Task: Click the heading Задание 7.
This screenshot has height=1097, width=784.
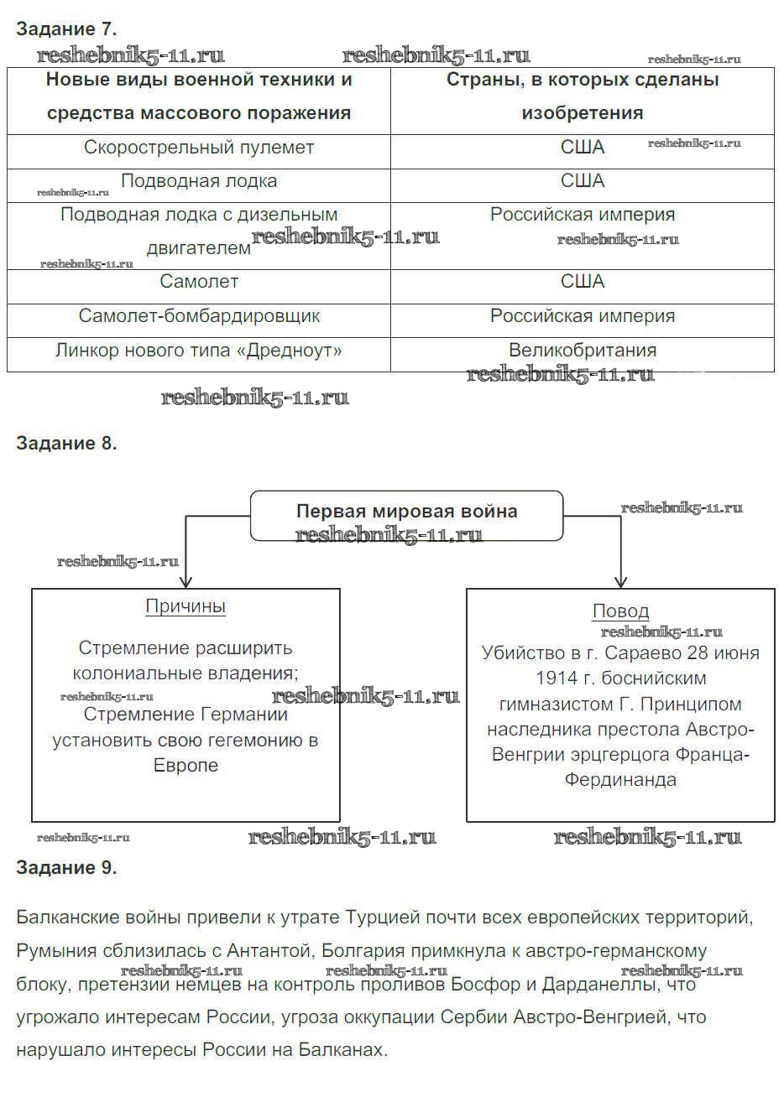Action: [66, 29]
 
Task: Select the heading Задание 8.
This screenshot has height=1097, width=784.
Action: [66, 444]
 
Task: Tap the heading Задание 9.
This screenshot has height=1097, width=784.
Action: [66, 868]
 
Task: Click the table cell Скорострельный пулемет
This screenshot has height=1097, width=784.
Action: [199, 148]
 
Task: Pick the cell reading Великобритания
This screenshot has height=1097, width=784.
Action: [583, 350]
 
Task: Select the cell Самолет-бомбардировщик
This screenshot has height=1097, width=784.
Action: [199, 316]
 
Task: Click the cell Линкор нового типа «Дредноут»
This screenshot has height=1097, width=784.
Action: [199, 350]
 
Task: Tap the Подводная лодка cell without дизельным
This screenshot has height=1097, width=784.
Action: [199, 181]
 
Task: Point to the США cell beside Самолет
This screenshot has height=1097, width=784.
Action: [583, 282]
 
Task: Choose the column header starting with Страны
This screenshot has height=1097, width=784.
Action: [583, 96]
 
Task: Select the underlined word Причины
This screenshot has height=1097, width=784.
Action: [186, 606]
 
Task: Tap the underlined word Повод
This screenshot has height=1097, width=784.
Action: [620, 611]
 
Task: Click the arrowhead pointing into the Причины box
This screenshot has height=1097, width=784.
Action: [186, 582]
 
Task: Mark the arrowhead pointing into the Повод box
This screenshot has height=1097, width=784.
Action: [620, 582]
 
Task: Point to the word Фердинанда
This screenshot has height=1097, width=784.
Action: [620, 780]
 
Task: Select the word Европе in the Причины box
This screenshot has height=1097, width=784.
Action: [186, 766]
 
